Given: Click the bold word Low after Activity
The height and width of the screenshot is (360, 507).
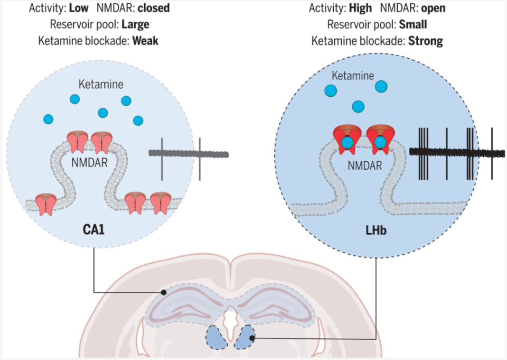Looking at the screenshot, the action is (x=79, y=8).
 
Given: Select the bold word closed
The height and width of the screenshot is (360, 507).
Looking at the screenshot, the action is (x=154, y=8).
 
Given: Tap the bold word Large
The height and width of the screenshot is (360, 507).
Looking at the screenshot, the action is (x=135, y=25).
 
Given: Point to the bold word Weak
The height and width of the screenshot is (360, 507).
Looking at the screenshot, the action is (x=145, y=41).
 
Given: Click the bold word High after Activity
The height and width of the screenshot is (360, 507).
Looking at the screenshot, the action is (x=360, y=8).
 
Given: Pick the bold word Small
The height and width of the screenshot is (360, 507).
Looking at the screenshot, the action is (x=413, y=25).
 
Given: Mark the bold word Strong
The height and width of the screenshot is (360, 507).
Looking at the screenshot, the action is (x=426, y=41).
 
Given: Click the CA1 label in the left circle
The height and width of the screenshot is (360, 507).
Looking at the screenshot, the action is (x=93, y=229).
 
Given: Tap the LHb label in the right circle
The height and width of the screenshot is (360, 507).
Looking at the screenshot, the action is (x=375, y=230).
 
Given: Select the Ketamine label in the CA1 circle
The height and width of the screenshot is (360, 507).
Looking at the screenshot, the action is (x=101, y=85).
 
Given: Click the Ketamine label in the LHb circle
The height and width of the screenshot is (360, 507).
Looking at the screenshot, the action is (x=353, y=76).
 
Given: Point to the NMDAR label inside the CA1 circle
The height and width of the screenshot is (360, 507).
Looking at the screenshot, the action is (x=89, y=162).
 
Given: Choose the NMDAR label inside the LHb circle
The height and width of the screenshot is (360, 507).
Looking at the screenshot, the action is (x=365, y=165).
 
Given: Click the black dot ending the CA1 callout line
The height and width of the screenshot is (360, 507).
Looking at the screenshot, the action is (x=164, y=292).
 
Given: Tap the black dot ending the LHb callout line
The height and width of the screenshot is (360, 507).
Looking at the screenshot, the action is (x=251, y=338).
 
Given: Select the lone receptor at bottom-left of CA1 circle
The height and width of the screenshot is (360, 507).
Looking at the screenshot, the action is (x=46, y=204).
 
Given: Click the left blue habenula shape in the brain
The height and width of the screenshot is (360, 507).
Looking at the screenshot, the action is (x=217, y=337).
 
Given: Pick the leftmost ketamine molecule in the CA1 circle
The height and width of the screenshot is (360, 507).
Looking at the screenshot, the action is (x=48, y=119).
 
